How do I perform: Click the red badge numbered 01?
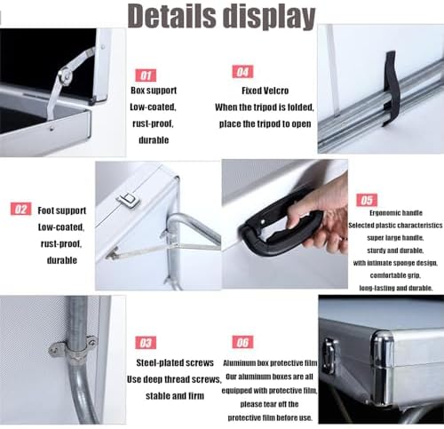pyautogui.click(x=145, y=75)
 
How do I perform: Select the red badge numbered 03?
pyautogui.click(x=145, y=342)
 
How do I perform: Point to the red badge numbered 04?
pyautogui.click(x=242, y=72)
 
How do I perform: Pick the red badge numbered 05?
pyautogui.click(x=367, y=201)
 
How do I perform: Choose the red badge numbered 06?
pyautogui.click(x=242, y=342)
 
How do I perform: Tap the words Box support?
pyautogui.click(x=153, y=90)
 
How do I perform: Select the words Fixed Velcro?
pyautogui.click(x=266, y=90)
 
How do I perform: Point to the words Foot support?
pyautogui.click(x=62, y=211)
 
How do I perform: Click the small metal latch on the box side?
pyautogui.click(x=131, y=201)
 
